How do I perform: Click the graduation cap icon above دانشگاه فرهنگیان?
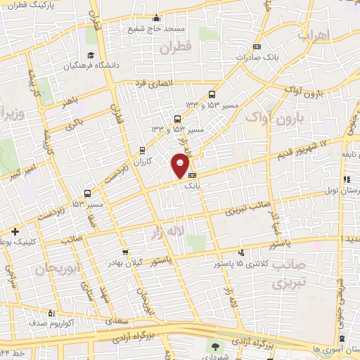90,56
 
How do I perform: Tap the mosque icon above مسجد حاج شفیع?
156,18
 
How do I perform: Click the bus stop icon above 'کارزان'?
143,150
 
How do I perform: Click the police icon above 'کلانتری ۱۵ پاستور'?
242,253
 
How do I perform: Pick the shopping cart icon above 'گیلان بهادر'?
125,252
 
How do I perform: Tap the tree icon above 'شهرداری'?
215,347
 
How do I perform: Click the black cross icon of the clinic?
15,231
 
